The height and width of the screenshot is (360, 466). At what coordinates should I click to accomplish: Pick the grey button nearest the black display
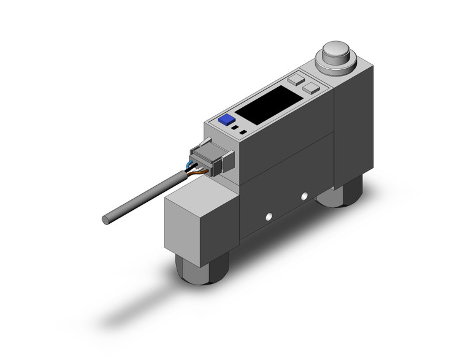pyautogui.click(x=296, y=79)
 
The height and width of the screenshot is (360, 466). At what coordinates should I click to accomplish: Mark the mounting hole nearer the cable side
pyautogui.click(x=267, y=216)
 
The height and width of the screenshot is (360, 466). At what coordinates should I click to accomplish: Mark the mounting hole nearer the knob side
pyautogui.click(x=303, y=196)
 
